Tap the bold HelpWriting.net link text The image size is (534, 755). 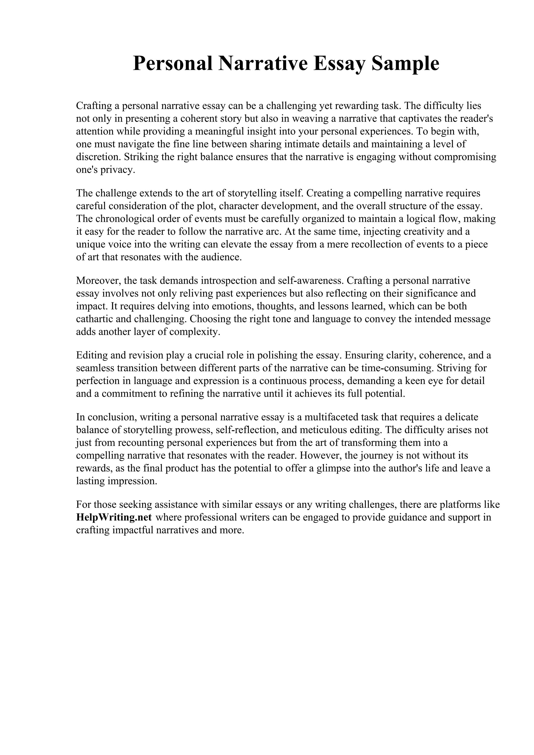click(x=114, y=517)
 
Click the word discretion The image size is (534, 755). click(x=98, y=157)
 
